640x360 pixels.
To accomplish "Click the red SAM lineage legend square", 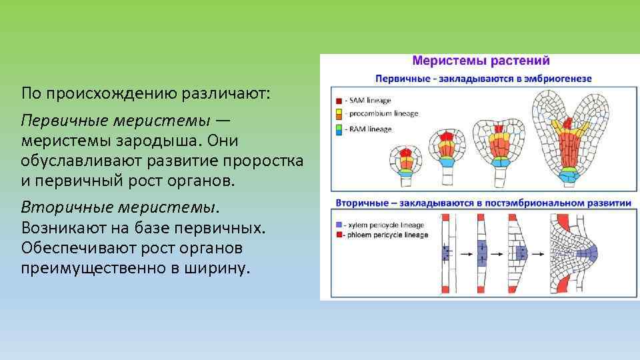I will coord(339,101).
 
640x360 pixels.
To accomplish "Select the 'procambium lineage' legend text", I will coord(382,113).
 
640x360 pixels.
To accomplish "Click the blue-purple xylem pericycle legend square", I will coord(340,225).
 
